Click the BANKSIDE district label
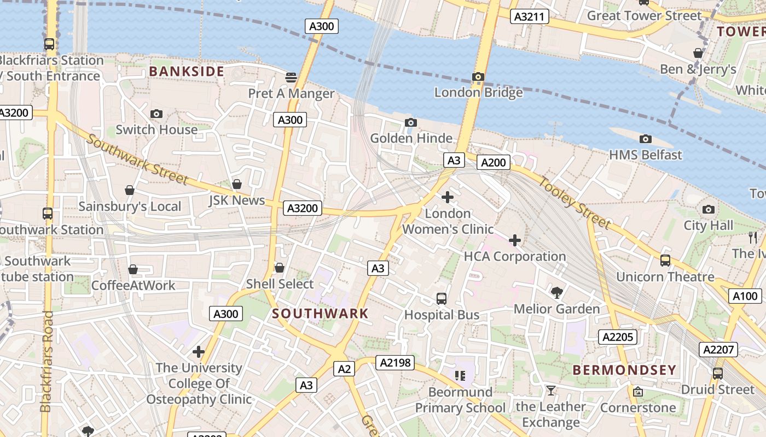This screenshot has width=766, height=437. click(187, 72)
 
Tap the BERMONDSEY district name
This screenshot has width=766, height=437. click(624, 370)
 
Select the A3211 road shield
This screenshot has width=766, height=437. click(530, 16)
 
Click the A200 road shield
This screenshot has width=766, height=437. click(494, 162)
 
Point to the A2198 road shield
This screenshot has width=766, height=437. click(395, 362)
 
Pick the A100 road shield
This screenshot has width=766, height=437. click(745, 297)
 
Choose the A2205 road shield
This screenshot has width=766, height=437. click(618, 337)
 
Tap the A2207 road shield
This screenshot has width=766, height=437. click(718, 350)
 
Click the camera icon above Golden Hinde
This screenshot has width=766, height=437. click(411, 122)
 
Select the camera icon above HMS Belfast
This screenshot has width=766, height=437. click(646, 139)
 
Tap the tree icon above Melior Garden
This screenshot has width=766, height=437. click(557, 293)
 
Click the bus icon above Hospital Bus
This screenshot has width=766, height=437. click(442, 299)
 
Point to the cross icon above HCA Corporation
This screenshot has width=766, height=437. click(515, 240)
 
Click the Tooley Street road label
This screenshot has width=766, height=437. click(574, 203)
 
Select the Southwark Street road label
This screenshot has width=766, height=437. click(137, 160)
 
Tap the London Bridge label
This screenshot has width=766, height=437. click(478, 93)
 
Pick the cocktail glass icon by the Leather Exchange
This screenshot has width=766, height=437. click(550, 391)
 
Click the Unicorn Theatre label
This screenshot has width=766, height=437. click(665, 277)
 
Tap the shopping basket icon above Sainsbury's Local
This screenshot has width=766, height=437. click(130, 190)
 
